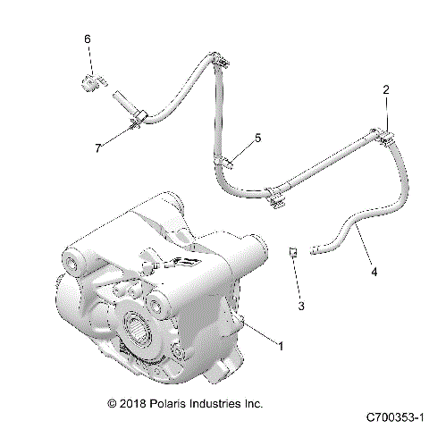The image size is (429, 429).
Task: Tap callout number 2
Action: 386,89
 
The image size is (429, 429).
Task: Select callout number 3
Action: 301,306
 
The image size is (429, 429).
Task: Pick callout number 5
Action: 257,138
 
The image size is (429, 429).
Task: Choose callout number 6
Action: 88,39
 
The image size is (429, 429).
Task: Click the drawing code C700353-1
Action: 393,417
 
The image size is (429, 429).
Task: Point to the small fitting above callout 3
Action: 292,252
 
